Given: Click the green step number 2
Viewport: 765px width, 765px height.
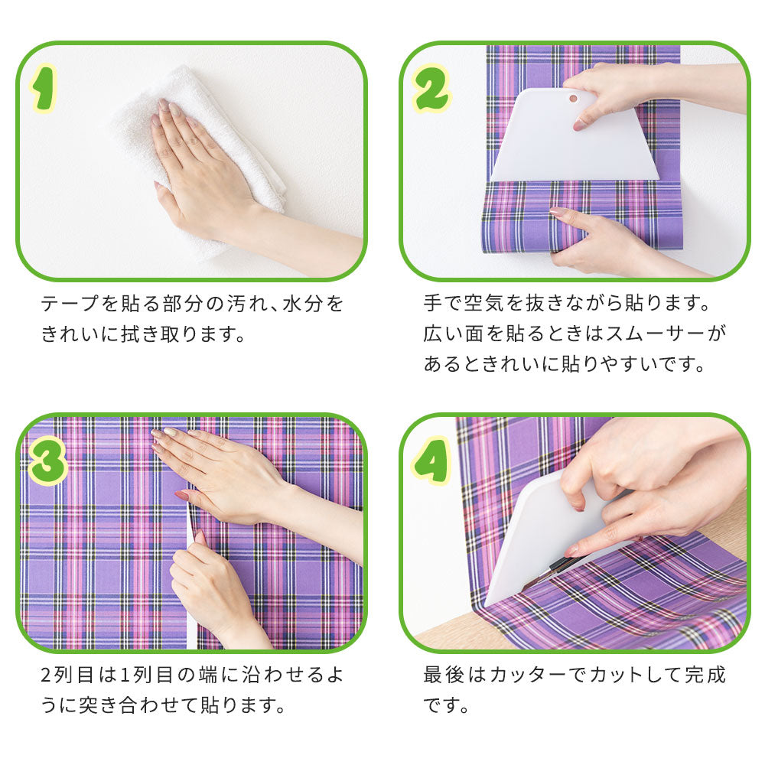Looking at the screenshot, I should pyautogui.click(x=431, y=90).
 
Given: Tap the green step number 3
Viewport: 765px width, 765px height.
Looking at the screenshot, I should pyautogui.click(x=47, y=461).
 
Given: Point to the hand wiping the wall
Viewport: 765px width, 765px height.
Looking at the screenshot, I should pyautogui.click(x=199, y=168).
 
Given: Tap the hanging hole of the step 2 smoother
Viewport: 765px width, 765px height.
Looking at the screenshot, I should pyautogui.click(x=572, y=97).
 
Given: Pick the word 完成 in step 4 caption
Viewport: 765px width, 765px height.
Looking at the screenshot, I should pyautogui.click(x=705, y=675).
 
